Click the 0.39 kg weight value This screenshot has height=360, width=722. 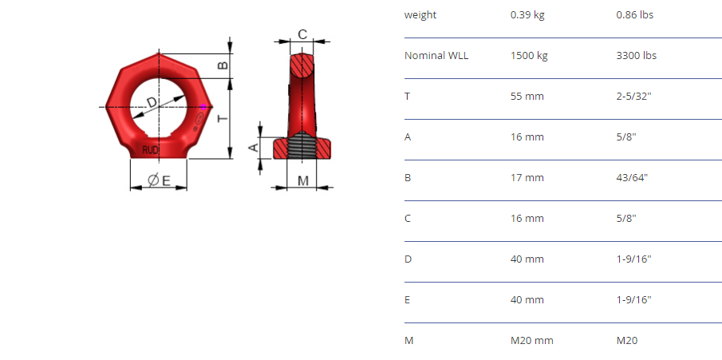527,14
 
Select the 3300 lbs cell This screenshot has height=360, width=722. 637,56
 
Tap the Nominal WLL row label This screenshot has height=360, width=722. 436,56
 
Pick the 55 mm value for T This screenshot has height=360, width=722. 527,97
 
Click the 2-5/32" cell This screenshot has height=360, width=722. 633,97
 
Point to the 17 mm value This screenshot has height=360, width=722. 527,178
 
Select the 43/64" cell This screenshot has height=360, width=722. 632,178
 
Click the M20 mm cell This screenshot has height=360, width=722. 532,341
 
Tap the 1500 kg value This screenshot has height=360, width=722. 529,56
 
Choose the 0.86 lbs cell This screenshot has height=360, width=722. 634,14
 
